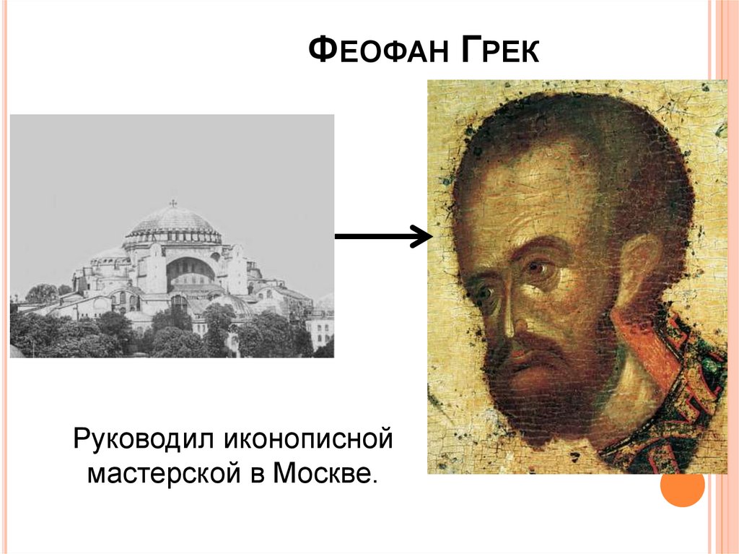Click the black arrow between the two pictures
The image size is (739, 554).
tap(382, 235)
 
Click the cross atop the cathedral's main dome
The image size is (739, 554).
tap(172, 204)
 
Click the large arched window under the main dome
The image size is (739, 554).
tap(191, 271)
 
